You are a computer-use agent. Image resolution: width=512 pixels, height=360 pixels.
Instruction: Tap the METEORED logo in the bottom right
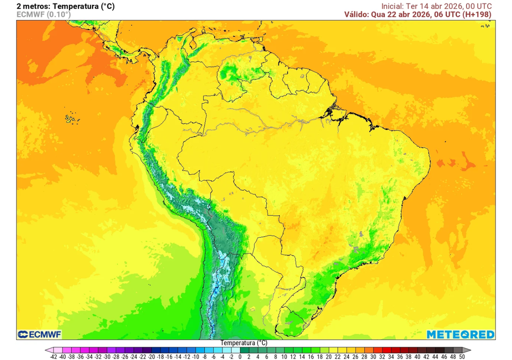click(460, 334)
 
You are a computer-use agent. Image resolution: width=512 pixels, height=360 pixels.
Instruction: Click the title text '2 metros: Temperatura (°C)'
click(65, 6)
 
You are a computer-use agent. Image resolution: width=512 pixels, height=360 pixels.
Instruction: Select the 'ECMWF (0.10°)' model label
click(43, 14)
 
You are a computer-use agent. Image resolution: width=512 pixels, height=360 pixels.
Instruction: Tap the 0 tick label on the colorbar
click(240, 356)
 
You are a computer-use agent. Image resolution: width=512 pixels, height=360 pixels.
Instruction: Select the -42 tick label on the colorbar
click(53, 356)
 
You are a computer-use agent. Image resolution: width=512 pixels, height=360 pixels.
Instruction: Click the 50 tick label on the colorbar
click(462, 356)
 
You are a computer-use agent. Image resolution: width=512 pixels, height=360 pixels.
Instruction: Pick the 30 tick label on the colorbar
click(373, 356)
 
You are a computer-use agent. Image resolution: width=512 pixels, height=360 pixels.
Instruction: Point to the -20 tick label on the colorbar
click(151, 356)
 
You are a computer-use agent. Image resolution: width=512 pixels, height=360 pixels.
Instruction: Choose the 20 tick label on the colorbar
click(329, 356)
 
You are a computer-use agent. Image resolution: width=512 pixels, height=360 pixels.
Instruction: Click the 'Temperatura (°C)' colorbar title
click(244, 343)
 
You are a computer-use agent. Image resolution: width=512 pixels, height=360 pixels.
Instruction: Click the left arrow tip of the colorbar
click(46, 350)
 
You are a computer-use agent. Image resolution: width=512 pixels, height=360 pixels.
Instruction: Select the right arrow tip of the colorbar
click(469, 350)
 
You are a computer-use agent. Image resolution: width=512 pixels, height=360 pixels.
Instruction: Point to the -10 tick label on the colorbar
click(195, 356)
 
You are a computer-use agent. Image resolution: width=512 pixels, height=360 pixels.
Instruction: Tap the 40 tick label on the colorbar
click(417, 356)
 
